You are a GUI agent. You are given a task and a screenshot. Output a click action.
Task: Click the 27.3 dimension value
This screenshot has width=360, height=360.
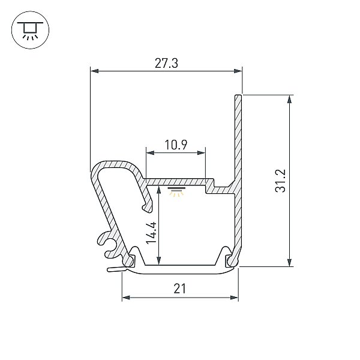[166, 63]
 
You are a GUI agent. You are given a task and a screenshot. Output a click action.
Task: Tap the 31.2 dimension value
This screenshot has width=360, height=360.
[281, 181]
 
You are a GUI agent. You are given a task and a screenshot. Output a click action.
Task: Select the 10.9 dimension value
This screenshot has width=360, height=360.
[176, 145]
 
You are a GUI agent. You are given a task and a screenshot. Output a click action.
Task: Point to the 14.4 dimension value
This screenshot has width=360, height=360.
[151, 233]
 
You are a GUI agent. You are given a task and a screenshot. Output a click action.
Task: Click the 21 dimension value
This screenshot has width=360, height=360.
[179, 289]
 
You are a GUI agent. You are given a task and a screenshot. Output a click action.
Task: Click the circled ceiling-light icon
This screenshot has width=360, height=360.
[31, 30]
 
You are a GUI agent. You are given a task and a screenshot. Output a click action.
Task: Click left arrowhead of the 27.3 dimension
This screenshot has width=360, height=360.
[95, 71]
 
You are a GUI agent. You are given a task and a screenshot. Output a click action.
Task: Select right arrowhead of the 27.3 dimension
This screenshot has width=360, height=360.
[238, 71]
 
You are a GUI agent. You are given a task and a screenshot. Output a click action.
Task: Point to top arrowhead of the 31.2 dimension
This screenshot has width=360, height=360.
[290, 99]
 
